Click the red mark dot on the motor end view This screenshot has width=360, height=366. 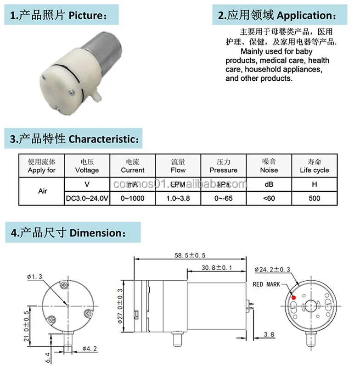click(x=293, y=298)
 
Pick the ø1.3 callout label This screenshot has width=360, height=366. click(x=34, y=277)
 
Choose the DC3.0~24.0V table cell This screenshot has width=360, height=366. click(x=87, y=199)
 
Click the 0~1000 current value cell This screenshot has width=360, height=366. click(x=132, y=199)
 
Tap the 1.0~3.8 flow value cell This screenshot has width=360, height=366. click(x=178, y=199)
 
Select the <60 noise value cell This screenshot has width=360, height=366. click(x=269, y=199)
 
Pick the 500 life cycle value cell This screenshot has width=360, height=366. click(x=315, y=199)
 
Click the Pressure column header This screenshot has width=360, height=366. click(x=223, y=166)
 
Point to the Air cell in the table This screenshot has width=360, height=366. click(x=42, y=191)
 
